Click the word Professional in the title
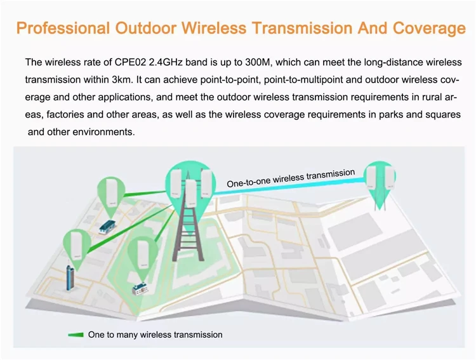[x=63, y=28]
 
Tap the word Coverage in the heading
[x=429, y=29]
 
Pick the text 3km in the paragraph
[x=122, y=79]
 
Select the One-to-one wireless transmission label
[x=291, y=178]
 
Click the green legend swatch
[x=76, y=335]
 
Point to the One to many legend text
[x=155, y=335]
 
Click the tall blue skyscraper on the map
[x=70, y=277]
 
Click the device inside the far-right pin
[x=381, y=177]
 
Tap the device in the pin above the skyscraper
[x=76, y=246]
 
